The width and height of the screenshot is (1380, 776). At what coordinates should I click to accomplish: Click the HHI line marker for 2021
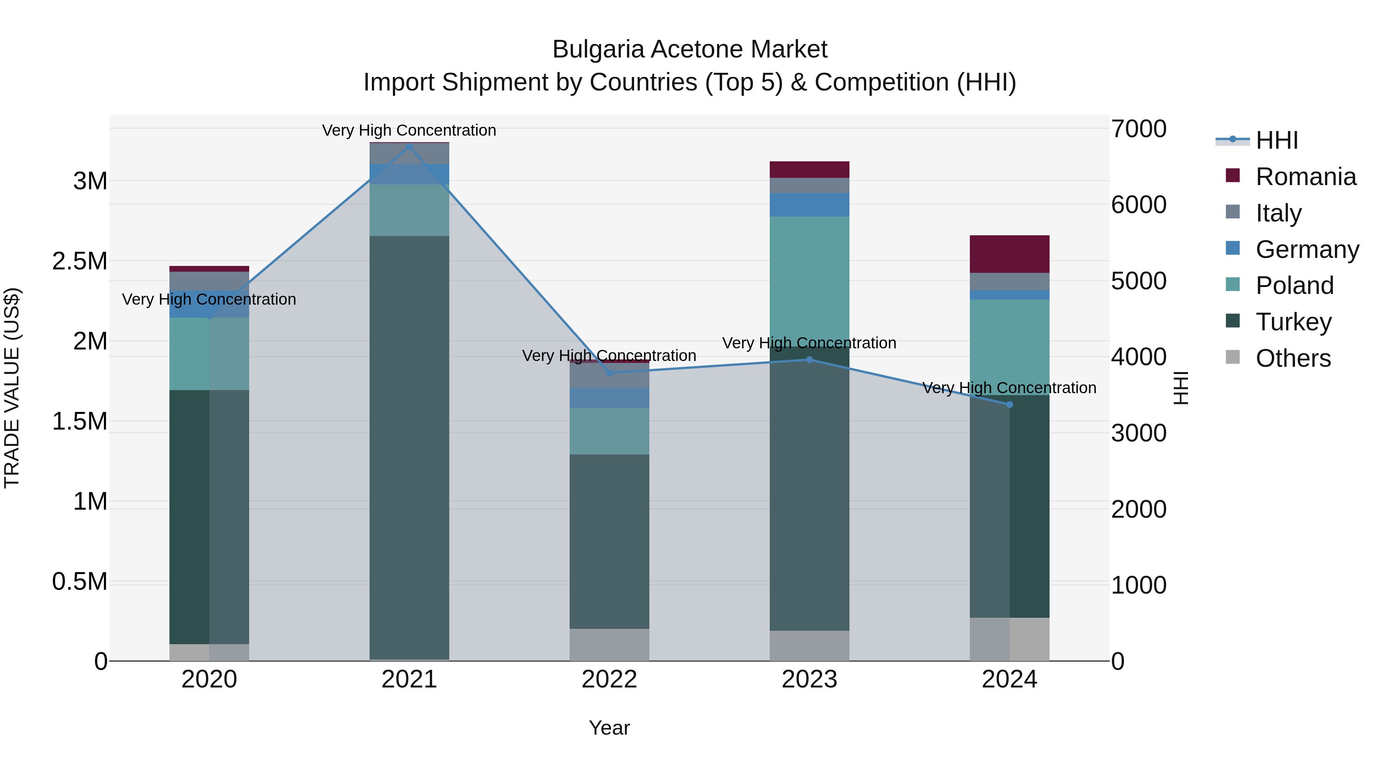coord(409,147)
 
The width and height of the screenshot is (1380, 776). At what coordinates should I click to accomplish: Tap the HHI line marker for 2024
coord(1009,404)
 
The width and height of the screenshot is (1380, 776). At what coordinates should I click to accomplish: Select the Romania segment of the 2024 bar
coord(1009,254)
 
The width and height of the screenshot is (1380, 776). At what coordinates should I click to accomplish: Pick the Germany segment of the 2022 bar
coord(609,397)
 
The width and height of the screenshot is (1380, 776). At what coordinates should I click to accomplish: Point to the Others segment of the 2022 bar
coord(609,644)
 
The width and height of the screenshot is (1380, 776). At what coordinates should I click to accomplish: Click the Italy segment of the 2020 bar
coord(209,281)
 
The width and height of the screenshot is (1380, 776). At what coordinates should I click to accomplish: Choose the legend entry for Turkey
coord(1293,322)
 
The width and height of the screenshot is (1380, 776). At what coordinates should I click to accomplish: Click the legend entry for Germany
coord(1307,249)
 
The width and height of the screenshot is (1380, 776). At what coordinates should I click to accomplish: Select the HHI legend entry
coord(1276,140)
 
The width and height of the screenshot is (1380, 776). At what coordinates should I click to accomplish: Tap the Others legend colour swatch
coord(1233,357)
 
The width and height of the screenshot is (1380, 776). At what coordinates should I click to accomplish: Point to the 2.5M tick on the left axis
coord(79,261)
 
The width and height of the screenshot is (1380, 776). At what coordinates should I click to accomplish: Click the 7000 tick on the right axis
coord(1138,129)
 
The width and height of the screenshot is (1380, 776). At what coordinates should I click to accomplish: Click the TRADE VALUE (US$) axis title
coord(12,388)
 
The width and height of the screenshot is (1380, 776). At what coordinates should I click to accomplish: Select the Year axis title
coord(609,728)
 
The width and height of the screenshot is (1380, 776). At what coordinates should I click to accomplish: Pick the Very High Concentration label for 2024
coord(1009,388)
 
